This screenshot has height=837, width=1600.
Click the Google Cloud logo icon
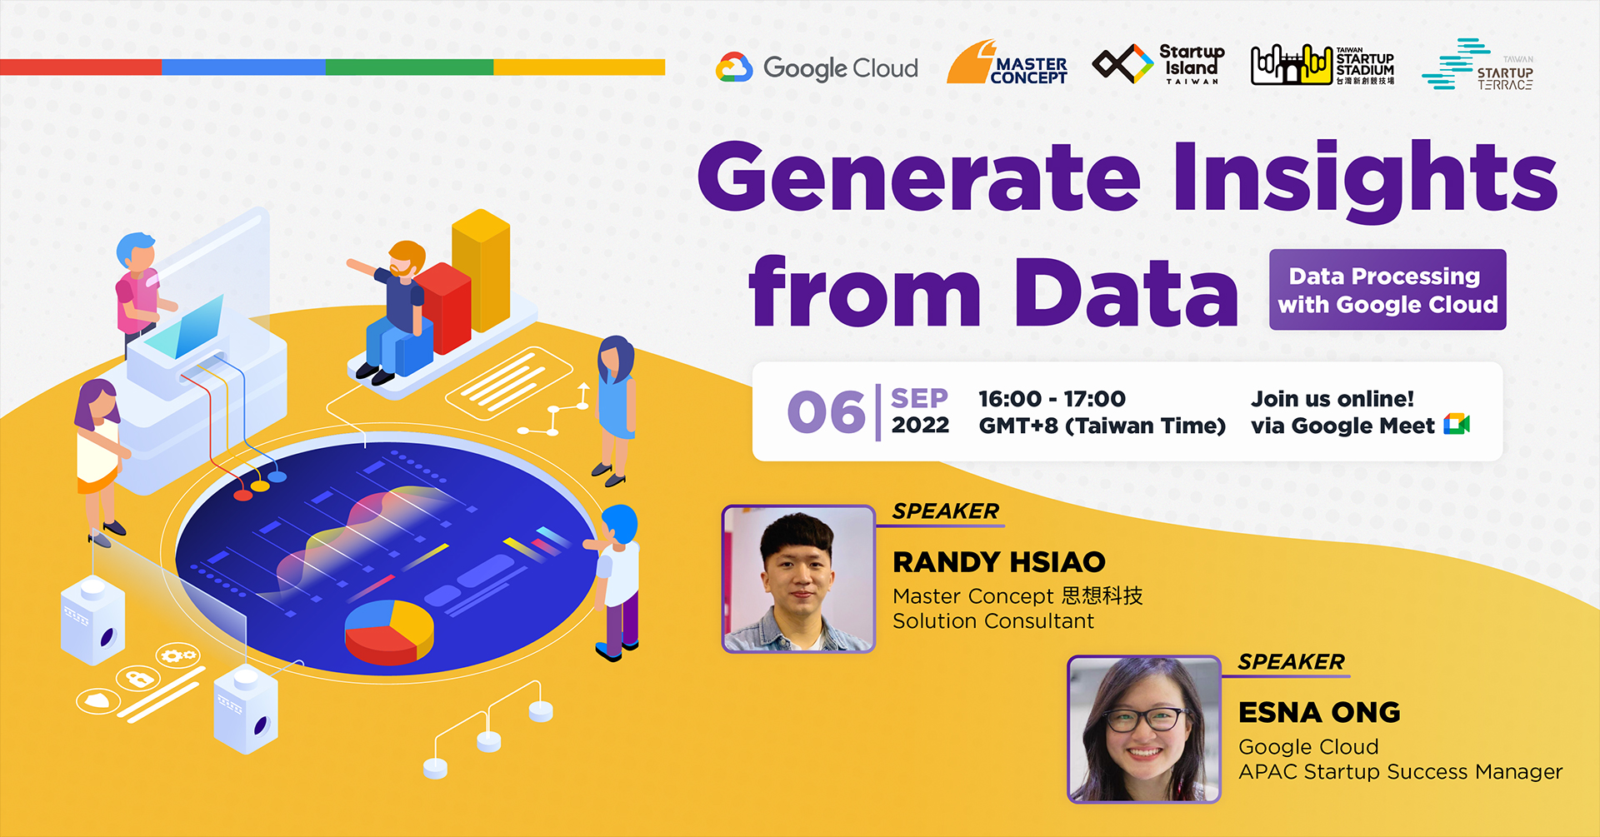coord(734,67)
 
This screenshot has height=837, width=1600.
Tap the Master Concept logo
coord(1007,63)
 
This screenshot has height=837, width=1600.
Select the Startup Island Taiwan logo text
coord(1192,63)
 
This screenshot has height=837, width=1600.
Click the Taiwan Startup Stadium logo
coord(1322,65)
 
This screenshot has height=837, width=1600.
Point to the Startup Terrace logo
coord(1477,65)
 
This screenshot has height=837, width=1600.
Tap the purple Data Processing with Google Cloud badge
coord(1387,290)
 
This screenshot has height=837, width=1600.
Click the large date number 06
coord(827,412)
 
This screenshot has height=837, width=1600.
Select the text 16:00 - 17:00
coord(1052,399)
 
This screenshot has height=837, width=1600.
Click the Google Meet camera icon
coord(1457,425)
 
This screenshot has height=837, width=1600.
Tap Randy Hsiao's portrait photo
coord(798,579)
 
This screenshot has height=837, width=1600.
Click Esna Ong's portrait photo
coord(1143,730)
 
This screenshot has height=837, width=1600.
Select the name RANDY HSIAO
coord(998,562)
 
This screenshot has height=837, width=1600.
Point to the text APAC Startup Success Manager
coord(1400,772)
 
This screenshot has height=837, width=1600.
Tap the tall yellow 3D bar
coord(482,271)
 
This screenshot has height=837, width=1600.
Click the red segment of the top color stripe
coord(81,67)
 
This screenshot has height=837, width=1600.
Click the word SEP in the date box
coord(919,398)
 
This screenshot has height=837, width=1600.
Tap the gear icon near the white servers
coord(177,655)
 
